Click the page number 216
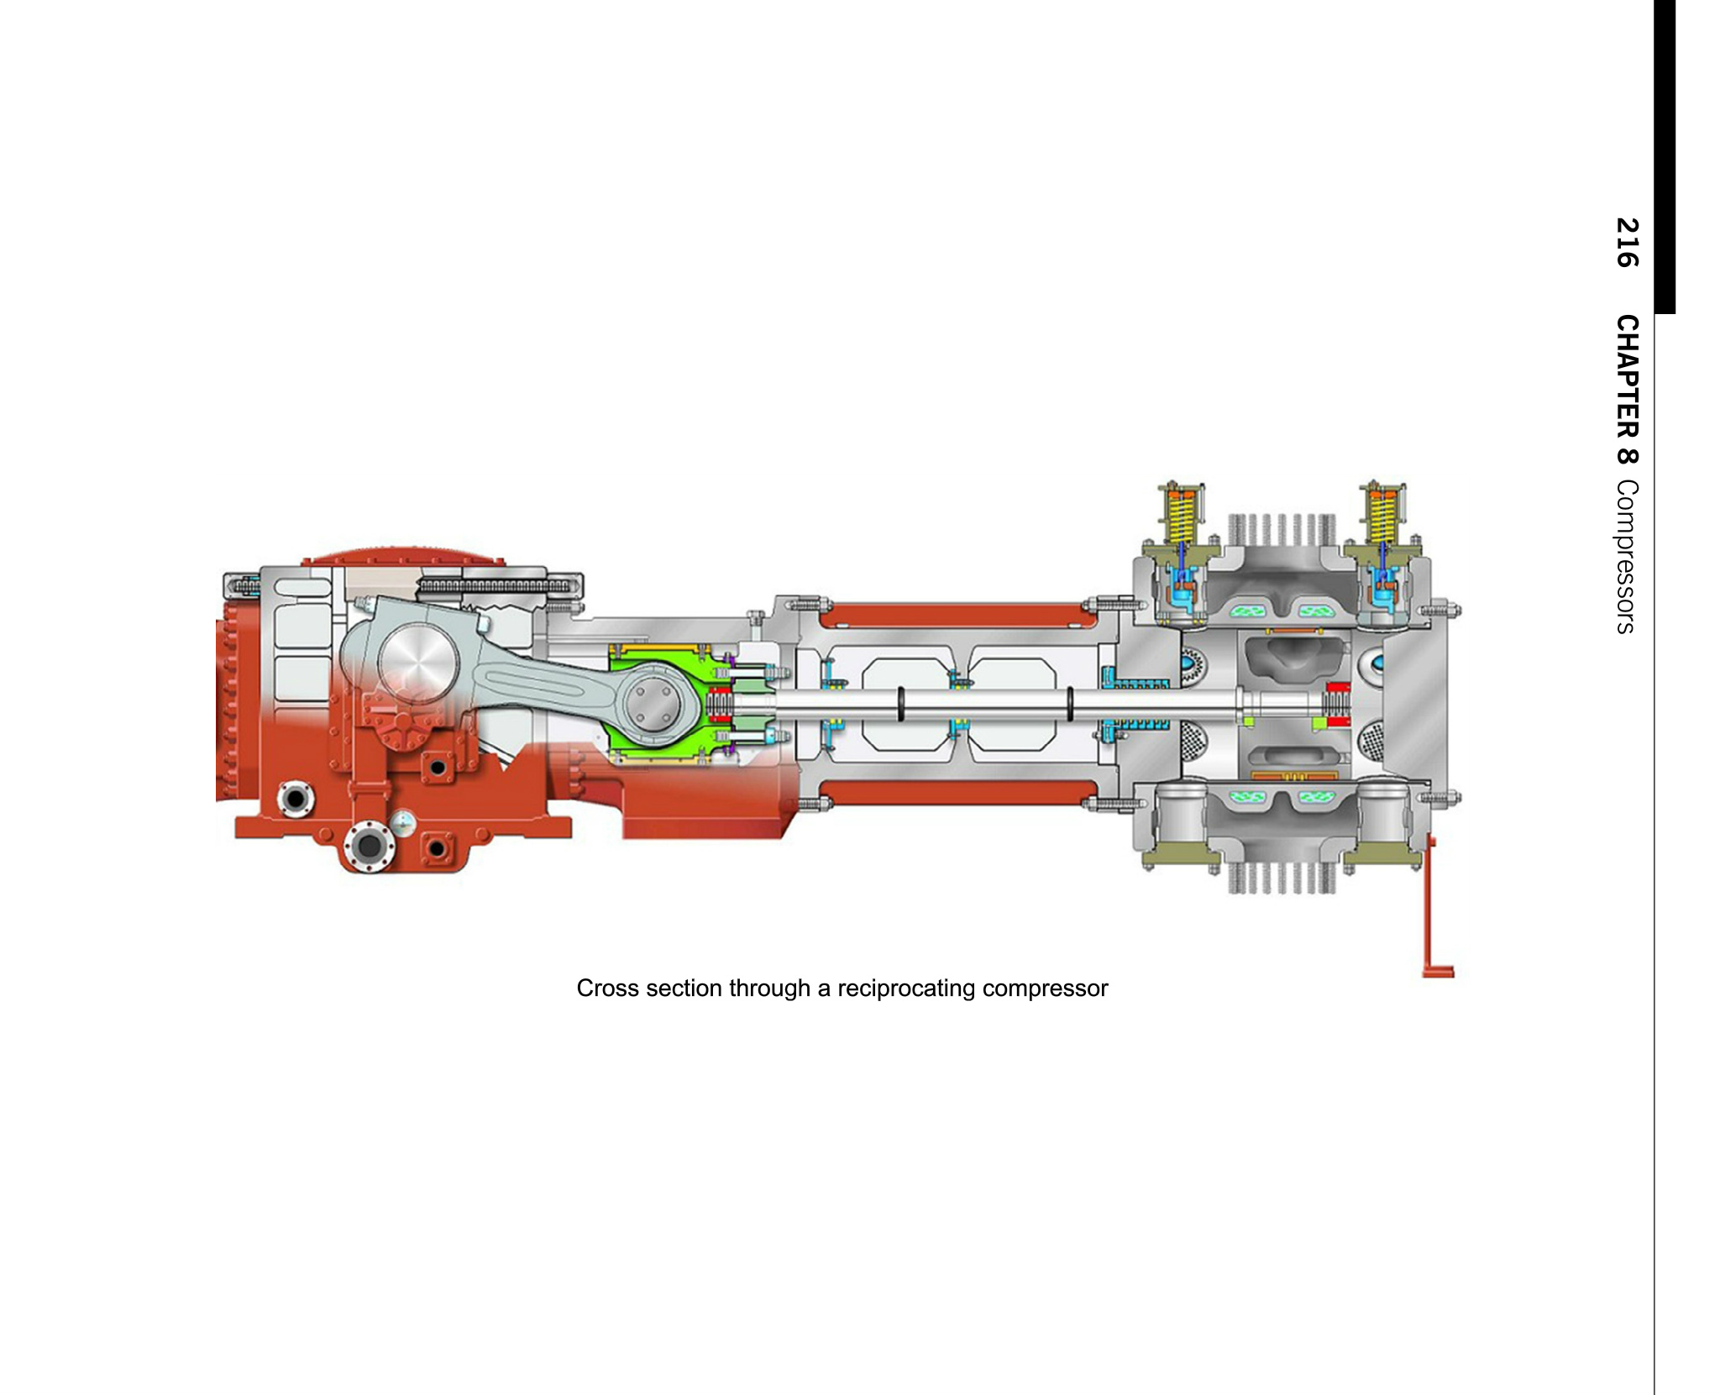pyautogui.click(x=1627, y=243)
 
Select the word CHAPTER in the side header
pyautogui.click(x=1627, y=376)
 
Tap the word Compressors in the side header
pyautogui.click(x=1627, y=556)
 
